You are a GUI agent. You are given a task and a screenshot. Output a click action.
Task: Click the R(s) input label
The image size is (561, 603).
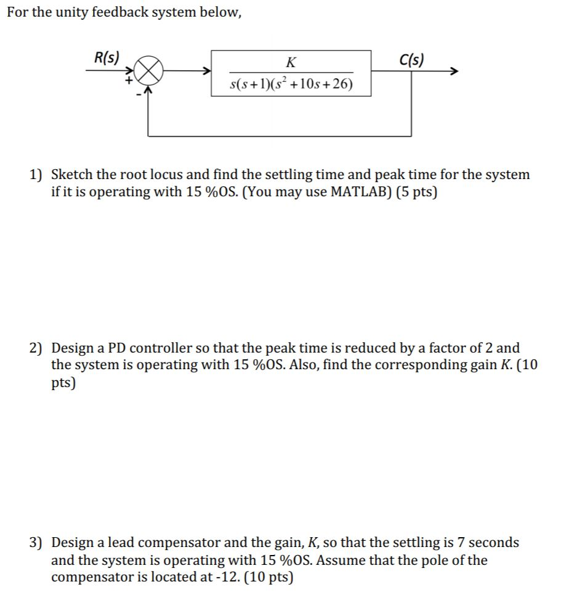[107, 58]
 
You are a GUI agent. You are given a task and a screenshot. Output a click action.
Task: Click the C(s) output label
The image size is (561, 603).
[411, 60]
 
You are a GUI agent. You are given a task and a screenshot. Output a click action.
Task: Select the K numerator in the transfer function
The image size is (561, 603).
[291, 62]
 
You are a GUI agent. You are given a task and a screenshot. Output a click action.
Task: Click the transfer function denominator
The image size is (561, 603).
[291, 84]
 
